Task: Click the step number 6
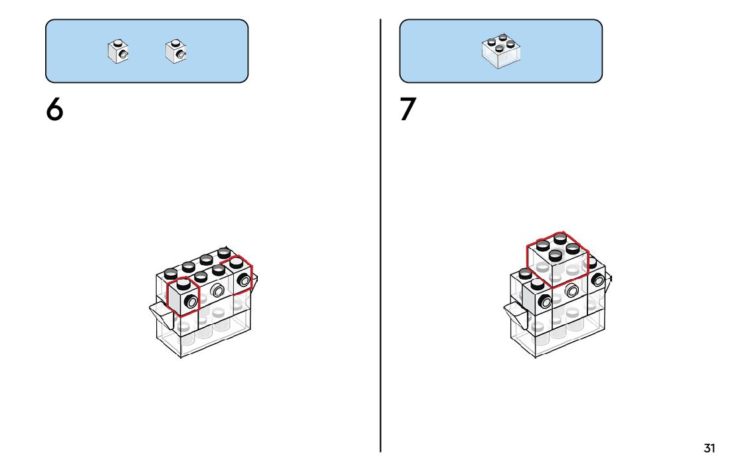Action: click(54, 110)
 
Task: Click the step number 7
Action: click(408, 110)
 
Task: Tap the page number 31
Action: click(709, 448)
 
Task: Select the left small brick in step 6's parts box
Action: click(118, 52)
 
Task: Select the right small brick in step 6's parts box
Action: click(175, 52)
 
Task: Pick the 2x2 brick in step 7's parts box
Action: click(501, 51)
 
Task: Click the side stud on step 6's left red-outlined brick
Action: click(191, 302)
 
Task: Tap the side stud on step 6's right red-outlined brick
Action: click(244, 280)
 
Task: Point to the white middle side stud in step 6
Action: click(217, 290)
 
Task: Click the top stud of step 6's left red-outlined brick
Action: click(184, 284)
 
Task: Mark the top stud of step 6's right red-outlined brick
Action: click(237, 263)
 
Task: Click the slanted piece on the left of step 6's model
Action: click(159, 310)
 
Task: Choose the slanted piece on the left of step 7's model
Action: click(514, 310)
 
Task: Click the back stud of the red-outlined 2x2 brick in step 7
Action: click(560, 237)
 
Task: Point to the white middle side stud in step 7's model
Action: click(571, 289)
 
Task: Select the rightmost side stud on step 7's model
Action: click(598, 279)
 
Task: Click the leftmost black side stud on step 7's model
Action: click(545, 301)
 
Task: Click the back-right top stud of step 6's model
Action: click(224, 252)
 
